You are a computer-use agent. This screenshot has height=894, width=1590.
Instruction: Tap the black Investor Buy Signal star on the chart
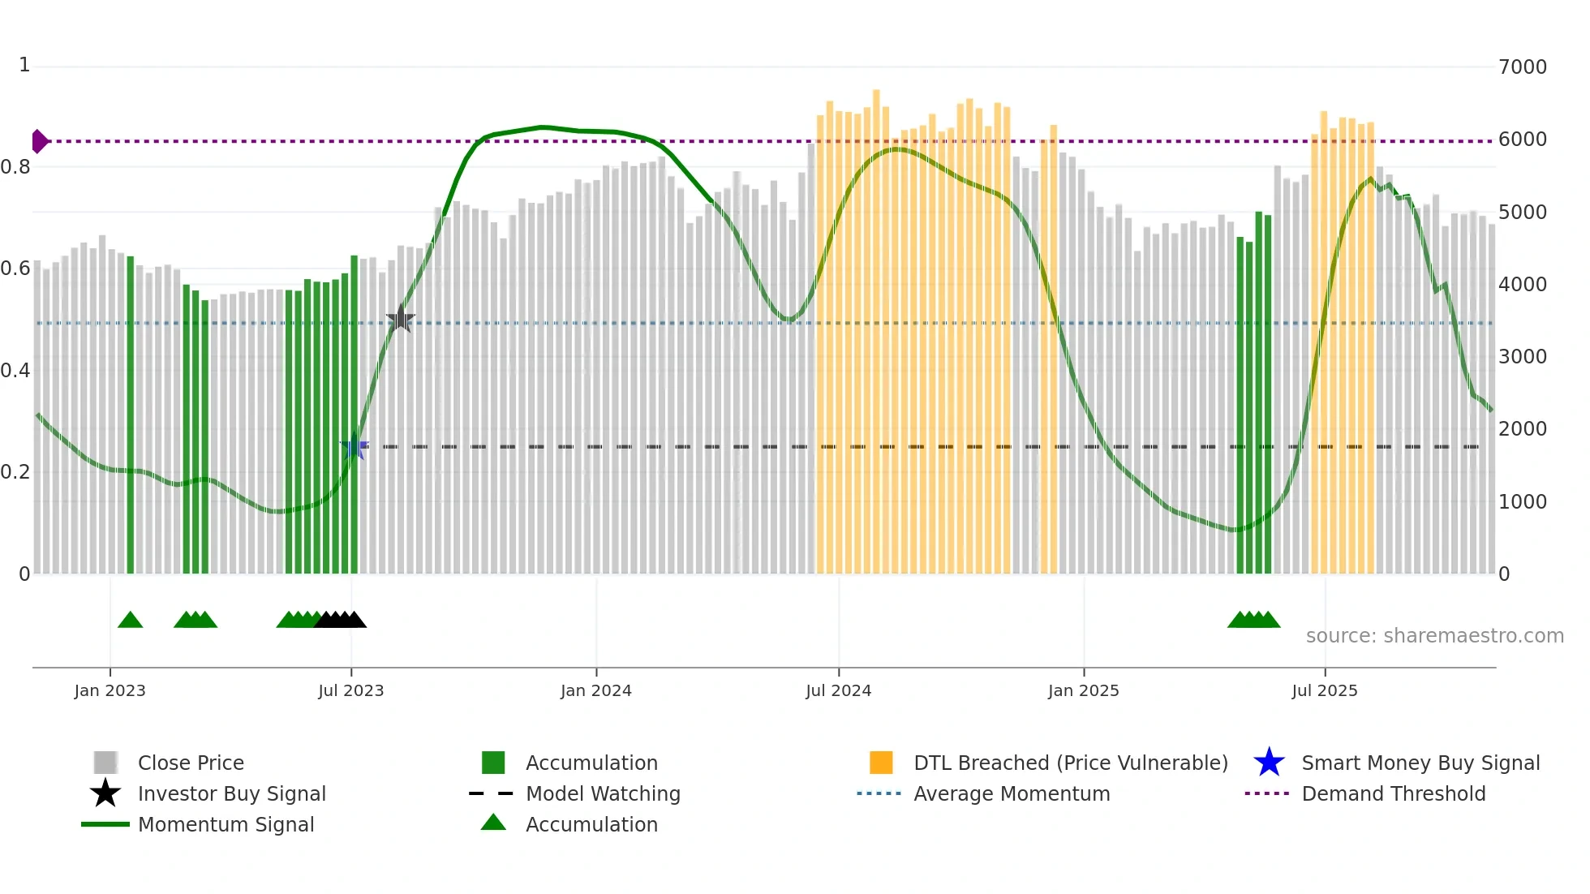[x=400, y=319]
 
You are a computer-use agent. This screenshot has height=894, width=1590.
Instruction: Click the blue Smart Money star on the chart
[x=354, y=447]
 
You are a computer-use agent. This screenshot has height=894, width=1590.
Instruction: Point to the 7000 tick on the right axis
[x=1522, y=67]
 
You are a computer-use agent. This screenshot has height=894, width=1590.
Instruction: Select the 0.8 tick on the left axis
[x=16, y=167]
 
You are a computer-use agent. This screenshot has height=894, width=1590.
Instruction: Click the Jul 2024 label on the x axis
[x=838, y=690]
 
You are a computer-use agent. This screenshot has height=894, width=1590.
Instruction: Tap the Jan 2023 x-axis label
[x=110, y=690]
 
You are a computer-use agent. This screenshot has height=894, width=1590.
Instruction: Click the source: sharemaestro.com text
[x=1434, y=635]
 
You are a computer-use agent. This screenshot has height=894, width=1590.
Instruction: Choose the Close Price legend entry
[x=190, y=763]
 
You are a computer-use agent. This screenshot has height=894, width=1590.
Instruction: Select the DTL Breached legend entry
[x=1070, y=763]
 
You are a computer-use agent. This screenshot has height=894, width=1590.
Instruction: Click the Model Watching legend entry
[x=602, y=793]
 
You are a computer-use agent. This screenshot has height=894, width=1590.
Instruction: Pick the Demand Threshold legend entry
[x=1393, y=793]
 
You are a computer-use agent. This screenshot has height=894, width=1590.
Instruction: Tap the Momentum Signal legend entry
[x=226, y=824]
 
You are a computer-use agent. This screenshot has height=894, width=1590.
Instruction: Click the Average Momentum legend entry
[x=1011, y=793]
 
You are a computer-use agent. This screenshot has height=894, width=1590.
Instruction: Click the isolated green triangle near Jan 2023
[x=130, y=620]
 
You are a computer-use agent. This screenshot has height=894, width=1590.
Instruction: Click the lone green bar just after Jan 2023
[x=131, y=414]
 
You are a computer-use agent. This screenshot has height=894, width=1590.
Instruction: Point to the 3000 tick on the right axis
[x=1522, y=356]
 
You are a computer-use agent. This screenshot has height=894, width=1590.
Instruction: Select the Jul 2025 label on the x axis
[x=1324, y=690]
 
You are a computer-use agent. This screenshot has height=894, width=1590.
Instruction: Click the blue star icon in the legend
[x=1269, y=763]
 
